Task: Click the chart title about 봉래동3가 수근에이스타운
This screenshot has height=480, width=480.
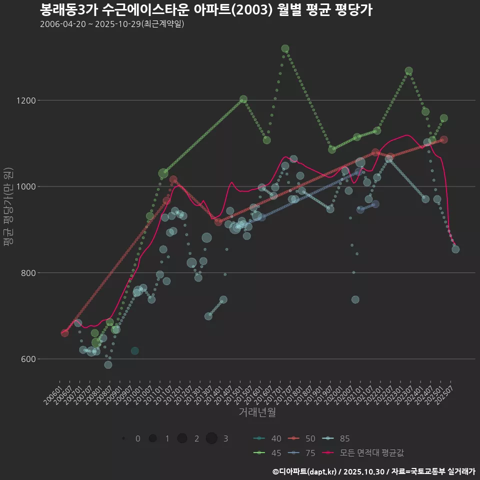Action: [x=205, y=10]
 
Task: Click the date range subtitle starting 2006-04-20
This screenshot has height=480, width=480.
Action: [x=112, y=24]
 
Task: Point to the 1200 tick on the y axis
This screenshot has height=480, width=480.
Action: [x=25, y=100]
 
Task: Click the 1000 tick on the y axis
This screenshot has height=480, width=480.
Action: [x=25, y=186]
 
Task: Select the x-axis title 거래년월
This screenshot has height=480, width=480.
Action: [x=257, y=412]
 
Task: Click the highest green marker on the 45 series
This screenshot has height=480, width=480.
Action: [x=285, y=48]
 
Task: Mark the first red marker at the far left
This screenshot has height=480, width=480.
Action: [x=64, y=333]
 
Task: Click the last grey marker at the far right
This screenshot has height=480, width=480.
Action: [x=455, y=249]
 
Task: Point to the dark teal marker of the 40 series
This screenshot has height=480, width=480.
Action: [x=134, y=351]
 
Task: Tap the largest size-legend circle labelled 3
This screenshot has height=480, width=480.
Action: [x=211, y=438]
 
